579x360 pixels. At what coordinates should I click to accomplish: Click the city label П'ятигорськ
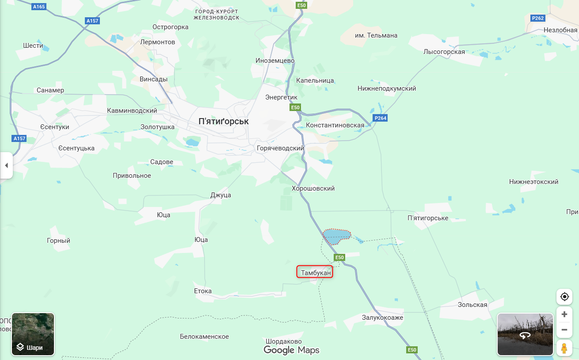coord(224,121)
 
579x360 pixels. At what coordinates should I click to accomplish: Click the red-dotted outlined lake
coord(337,236)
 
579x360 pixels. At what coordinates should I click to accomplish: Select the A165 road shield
coord(39,7)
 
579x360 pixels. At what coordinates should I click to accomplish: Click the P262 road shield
coord(537,18)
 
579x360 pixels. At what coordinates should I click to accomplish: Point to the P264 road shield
coord(380,118)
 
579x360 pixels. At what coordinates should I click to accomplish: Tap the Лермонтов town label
coord(157,42)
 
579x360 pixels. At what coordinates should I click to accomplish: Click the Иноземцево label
coord(275,61)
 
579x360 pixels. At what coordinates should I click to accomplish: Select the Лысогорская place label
coord(444,52)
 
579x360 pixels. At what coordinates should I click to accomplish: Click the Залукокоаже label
coord(382,318)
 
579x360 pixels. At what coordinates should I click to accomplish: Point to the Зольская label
coord(472,305)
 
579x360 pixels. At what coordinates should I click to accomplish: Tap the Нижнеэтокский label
coord(533,182)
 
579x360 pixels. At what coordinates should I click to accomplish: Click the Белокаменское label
coord(204,337)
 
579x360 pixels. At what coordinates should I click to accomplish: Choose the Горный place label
coord(58,241)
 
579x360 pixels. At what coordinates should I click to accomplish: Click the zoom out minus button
coord(564,329)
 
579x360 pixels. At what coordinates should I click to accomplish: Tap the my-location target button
coord(564,296)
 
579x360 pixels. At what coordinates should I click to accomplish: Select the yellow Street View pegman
coord(564,349)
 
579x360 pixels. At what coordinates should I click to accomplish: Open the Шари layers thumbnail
coord(33,334)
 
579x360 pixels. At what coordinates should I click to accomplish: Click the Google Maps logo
coord(291,350)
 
